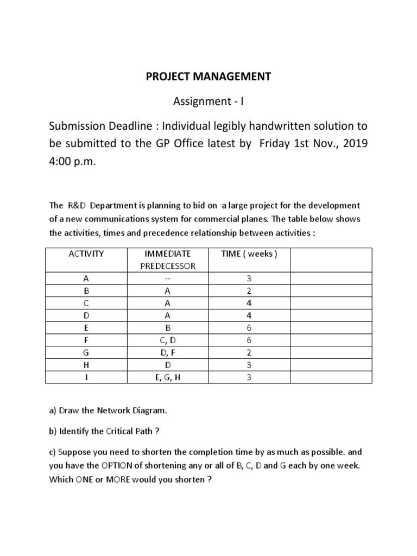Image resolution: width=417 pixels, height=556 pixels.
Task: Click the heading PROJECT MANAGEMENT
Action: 208,77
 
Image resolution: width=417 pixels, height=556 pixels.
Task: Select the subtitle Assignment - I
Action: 208,102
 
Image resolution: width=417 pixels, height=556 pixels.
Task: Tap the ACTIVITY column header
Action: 86,254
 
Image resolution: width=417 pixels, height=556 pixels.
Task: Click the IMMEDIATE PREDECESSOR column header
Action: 167,260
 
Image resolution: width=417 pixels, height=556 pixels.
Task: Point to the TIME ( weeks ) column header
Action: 249,254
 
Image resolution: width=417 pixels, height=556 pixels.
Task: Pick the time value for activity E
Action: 249,327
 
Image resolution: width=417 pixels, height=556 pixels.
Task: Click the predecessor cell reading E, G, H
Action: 167,377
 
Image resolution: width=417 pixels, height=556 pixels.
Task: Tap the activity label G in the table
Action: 86,352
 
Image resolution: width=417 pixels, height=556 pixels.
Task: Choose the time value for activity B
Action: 249,290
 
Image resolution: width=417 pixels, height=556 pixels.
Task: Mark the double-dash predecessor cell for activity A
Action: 167,279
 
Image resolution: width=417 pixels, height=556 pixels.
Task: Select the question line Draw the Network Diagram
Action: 108,411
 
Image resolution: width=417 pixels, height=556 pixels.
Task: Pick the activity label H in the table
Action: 86,365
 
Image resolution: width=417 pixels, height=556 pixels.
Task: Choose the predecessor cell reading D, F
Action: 167,352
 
